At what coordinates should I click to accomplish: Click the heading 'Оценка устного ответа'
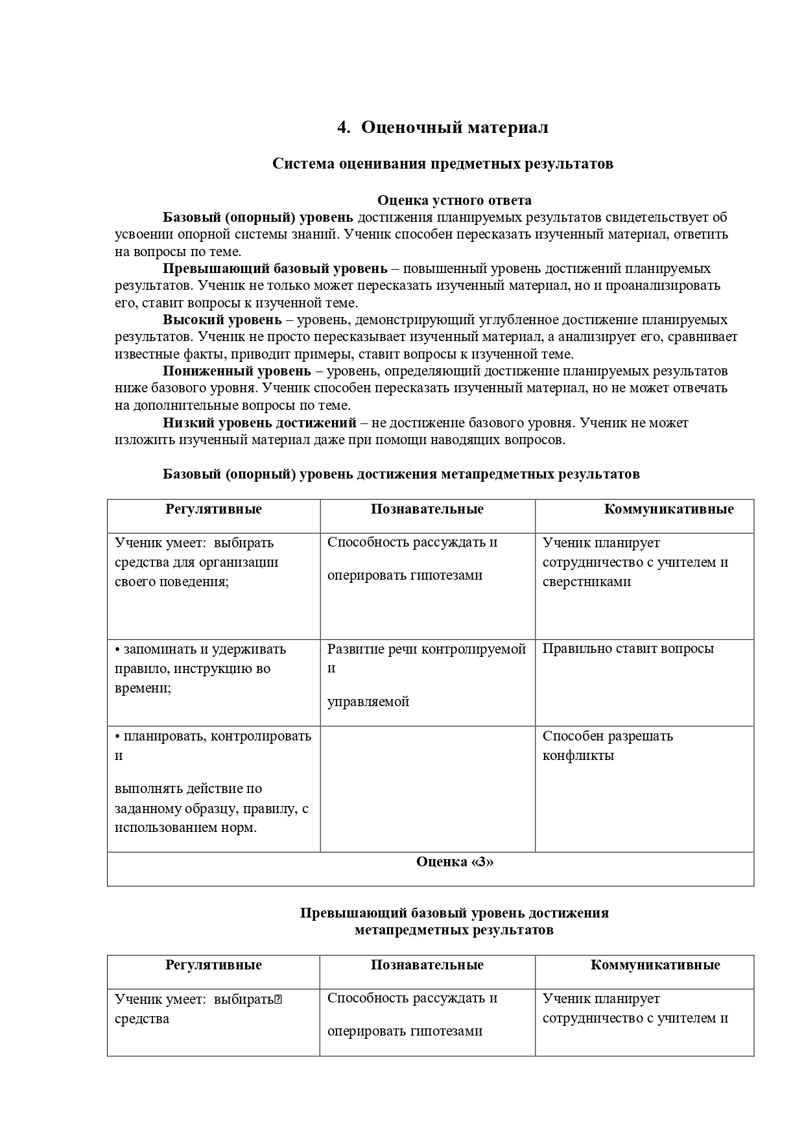(454, 200)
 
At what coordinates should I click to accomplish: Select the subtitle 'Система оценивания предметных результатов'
(442, 163)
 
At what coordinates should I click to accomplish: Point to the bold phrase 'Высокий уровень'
(222, 320)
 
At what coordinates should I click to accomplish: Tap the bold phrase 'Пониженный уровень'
(237, 371)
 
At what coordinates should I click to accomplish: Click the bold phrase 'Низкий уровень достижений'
(259, 423)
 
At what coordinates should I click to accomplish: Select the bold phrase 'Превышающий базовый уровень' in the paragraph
(275, 268)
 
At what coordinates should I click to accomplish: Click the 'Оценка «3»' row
(454, 862)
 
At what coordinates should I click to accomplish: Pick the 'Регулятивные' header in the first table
(213, 509)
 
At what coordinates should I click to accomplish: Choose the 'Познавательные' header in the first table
(427, 509)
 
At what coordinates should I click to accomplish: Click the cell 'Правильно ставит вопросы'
(628, 648)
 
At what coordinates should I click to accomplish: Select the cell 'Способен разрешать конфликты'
(608, 745)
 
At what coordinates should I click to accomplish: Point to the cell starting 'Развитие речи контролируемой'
(426, 649)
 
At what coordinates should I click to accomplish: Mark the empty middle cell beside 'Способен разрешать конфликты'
(427, 788)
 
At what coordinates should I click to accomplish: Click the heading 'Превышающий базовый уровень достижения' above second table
(454, 913)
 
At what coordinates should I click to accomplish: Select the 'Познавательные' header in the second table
(427, 965)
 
